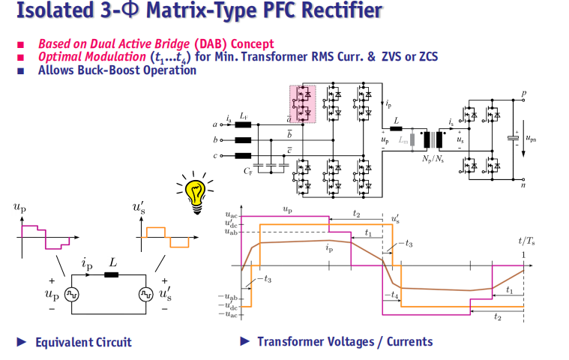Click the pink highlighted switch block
pos(303,104)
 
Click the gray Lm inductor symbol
pos(412,139)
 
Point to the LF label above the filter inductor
pos(244,116)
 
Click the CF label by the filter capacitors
pos(248,171)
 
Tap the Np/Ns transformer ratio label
pos(433,159)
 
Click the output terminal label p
pos(523,93)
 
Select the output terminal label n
pos(523,184)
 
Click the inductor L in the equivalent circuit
pos(112,274)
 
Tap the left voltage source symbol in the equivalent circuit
pos(72,294)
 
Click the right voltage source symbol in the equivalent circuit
pos(146,294)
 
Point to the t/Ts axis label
pos(526,241)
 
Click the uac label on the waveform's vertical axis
pos(231,215)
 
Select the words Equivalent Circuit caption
pos(83,342)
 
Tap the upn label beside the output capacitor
pos(531,139)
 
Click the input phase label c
pos(215,156)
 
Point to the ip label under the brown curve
pos(329,248)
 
